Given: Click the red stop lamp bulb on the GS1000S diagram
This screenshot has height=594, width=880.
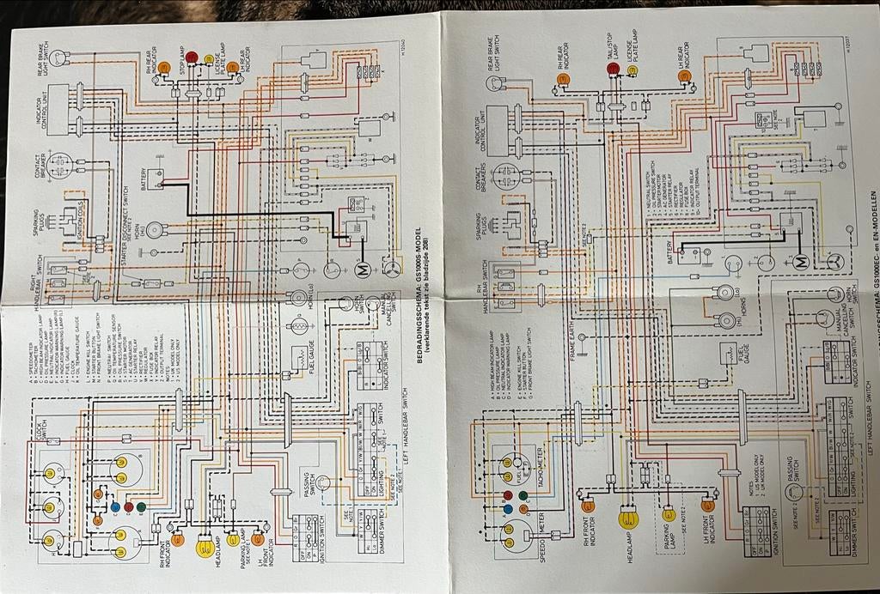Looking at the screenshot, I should [192, 58].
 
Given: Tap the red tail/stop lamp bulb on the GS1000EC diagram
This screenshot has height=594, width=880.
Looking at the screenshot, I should [613, 69].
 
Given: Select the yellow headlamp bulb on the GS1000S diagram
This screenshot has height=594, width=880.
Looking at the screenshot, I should [205, 547].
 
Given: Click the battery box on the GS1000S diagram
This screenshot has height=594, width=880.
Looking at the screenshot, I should [156, 179].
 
